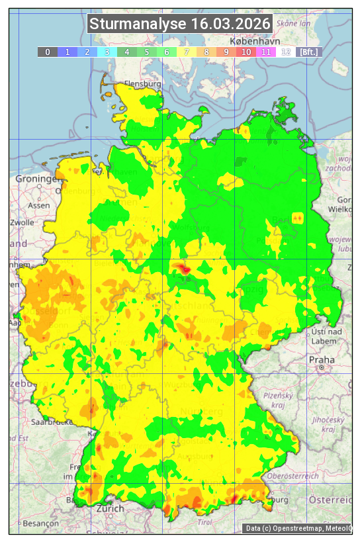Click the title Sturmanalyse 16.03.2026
pos(180,24)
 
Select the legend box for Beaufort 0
pos(47,52)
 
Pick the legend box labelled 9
pos(226,52)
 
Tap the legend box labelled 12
pos(285,52)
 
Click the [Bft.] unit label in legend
pos(308,52)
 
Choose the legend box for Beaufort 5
pos(146,52)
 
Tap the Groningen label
pos(36,179)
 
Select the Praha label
pos(321,359)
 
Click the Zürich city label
pos(110,508)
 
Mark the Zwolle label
pos(22,222)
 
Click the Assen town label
pos(39,205)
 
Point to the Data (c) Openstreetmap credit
pos(298,528)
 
